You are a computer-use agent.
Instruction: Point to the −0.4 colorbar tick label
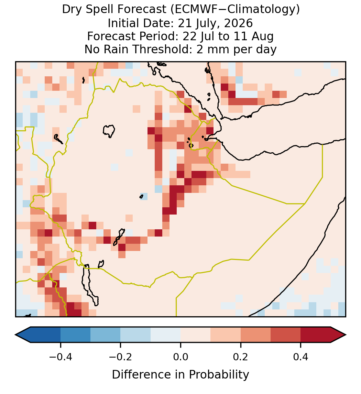(x=61, y=357)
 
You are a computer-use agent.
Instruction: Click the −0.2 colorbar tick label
(x=121, y=357)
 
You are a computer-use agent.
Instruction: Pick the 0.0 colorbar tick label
(x=180, y=357)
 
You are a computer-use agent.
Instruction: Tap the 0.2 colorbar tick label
(x=241, y=357)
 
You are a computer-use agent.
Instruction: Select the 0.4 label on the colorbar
(x=301, y=357)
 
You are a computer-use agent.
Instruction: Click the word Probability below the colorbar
(x=219, y=375)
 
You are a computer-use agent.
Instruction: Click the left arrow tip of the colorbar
(x=15, y=335)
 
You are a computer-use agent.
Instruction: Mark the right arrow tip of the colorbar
(x=346, y=335)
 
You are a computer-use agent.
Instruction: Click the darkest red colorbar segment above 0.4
(x=316, y=335)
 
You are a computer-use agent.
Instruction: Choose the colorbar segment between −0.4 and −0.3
(x=75, y=335)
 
